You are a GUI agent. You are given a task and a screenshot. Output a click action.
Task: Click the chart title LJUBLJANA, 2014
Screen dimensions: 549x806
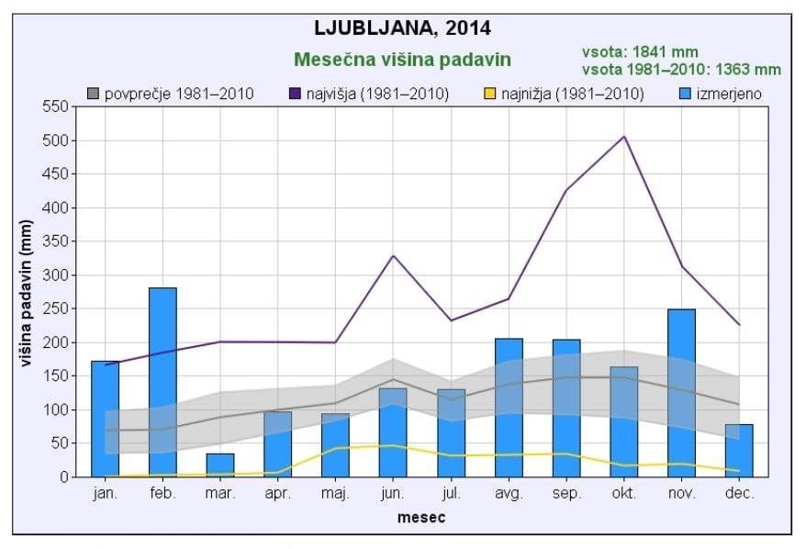pos(403,27)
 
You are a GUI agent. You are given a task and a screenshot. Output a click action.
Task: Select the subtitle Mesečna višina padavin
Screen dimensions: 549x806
pos(402,60)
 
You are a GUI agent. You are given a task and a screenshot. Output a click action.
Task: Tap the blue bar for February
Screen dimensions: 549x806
pos(162,382)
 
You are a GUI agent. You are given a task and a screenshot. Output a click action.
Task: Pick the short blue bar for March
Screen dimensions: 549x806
pos(220,465)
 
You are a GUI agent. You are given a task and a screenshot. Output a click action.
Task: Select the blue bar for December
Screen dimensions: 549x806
pos(739,450)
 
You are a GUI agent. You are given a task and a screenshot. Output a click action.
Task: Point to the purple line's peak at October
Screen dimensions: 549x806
pos(624,137)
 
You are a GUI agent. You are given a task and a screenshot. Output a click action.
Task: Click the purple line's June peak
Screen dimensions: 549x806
pos(393,255)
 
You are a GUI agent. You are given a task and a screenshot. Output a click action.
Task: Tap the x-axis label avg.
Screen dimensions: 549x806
pos(509,494)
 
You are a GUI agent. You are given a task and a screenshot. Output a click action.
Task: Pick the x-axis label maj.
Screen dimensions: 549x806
pos(335,494)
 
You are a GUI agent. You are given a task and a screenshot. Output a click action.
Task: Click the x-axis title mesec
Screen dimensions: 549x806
pos(421,518)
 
